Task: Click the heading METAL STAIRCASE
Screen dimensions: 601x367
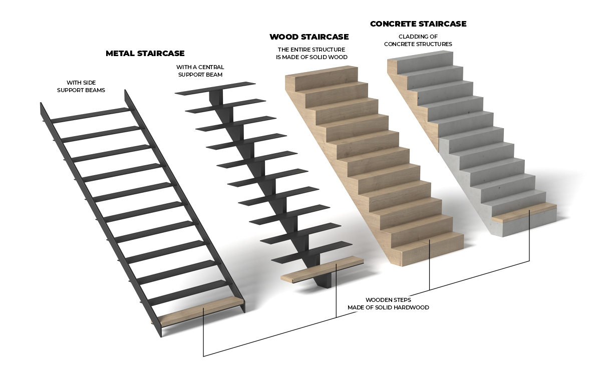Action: [x=145, y=54]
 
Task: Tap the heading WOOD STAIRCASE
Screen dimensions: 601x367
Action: [x=309, y=37]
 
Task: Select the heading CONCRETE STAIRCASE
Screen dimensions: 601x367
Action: [x=418, y=24]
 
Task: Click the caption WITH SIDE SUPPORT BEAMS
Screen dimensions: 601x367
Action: [x=81, y=87]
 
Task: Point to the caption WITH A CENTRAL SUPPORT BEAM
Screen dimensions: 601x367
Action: [x=200, y=71]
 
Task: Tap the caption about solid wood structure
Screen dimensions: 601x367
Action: [x=312, y=54]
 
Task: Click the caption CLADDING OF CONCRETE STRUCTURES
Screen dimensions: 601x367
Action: [x=418, y=40]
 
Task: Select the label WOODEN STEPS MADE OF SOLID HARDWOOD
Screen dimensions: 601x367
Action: [x=388, y=304]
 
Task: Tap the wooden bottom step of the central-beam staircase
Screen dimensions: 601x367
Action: [x=322, y=269]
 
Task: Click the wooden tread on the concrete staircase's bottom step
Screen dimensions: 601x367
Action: [x=524, y=212]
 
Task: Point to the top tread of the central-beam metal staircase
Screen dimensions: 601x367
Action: [x=215, y=88]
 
